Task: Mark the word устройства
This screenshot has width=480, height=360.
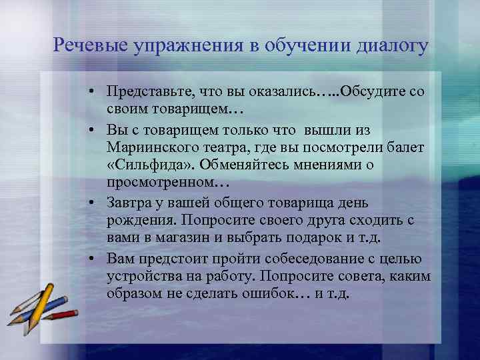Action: [139, 277]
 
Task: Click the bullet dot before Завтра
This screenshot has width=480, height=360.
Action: [97, 203]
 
